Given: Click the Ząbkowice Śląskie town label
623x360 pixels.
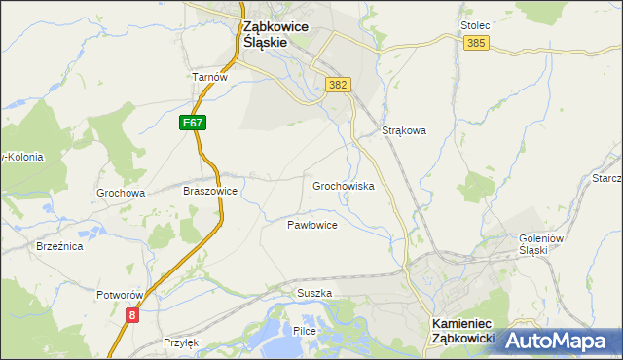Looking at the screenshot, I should point(275,36).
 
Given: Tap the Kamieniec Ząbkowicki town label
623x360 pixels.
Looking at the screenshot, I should point(462,331).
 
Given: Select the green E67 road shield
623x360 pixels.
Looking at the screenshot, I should point(193,123).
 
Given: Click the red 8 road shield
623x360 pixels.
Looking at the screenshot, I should point(131,314).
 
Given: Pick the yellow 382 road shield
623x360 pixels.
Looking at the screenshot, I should point(338,85).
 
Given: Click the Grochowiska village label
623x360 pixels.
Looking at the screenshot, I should point(343,185).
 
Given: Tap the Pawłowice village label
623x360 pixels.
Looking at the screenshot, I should point(311,225).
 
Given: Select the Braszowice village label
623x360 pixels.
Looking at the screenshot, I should point(210,192).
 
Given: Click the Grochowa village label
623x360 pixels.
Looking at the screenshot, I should point(121,193).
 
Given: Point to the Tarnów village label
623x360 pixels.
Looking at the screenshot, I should point(209,77).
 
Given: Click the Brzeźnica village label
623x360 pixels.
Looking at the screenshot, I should point(59,247).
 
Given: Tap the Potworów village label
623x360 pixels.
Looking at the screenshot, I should point(121,294).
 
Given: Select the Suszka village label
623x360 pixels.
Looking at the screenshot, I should point(314,292).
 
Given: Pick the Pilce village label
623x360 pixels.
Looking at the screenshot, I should point(304,332).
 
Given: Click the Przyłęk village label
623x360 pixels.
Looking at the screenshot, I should point(182,342).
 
